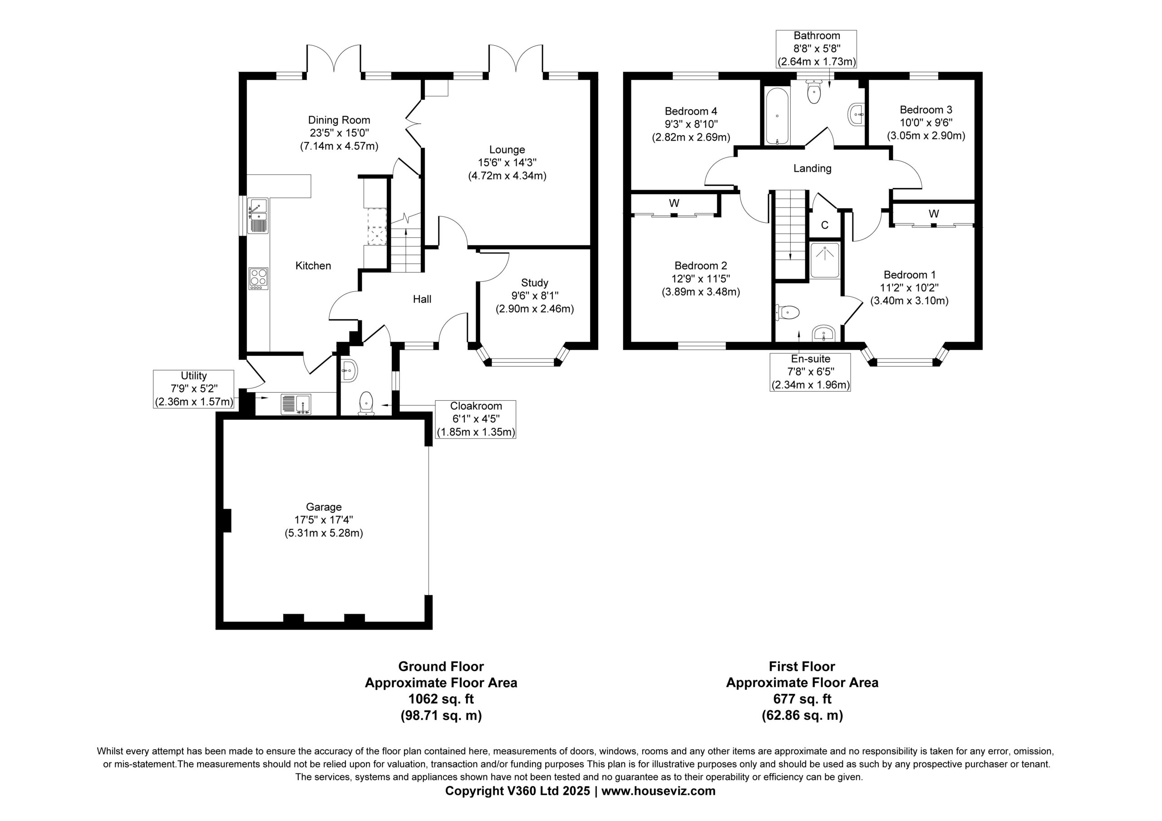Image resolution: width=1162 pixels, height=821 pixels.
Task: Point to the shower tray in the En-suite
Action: coord(825,261)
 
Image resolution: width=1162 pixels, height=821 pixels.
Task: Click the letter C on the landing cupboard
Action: coord(825,225)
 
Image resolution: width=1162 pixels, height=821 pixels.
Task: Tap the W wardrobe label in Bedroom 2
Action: coord(674,203)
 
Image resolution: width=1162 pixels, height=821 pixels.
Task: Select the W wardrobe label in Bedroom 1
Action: coord(934,214)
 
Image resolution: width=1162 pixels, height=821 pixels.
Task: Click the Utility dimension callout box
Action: coord(194,389)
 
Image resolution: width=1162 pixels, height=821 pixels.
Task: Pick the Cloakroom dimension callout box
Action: coord(476,419)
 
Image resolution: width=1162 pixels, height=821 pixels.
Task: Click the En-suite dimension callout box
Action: coord(810,372)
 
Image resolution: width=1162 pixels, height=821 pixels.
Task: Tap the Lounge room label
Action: coord(507,150)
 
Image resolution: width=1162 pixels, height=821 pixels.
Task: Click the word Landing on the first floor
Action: coord(812,168)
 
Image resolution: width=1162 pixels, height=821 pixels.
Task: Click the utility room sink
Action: coord(296,404)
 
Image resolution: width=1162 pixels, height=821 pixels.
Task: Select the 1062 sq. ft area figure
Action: coord(441,699)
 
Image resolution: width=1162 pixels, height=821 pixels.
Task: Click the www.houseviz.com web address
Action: coord(659,791)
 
